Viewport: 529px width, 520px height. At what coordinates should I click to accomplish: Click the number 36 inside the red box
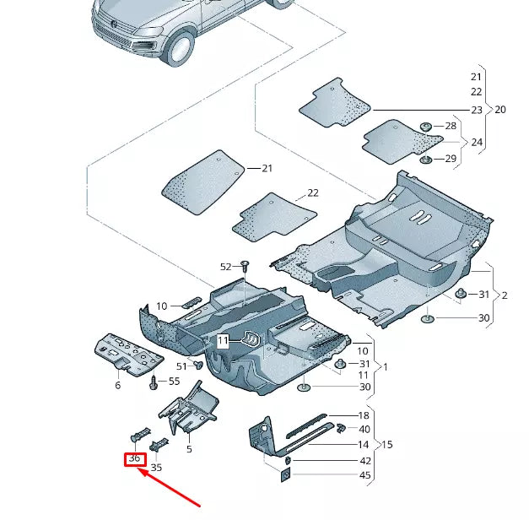pyautogui.click(x=134, y=459)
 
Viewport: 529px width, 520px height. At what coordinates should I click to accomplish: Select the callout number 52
pyautogui.click(x=225, y=267)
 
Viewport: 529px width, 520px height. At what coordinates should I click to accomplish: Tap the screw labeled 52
pyautogui.click(x=244, y=266)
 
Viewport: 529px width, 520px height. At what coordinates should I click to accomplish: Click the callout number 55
pyautogui.click(x=175, y=382)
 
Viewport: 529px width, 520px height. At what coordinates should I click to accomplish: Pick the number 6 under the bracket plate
pyautogui.click(x=117, y=385)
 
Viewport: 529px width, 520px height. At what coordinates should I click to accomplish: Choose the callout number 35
pyautogui.click(x=156, y=466)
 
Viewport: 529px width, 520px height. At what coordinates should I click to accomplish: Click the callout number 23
pyautogui.click(x=477, y=111)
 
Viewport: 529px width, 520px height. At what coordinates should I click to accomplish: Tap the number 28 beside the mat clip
pyautogui.click(x=451, y=126)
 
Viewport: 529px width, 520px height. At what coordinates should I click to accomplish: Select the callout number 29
pyautogui.click(x=451, y=159)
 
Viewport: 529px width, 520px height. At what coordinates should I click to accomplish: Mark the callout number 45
pyautogui.click(x=364, y=476)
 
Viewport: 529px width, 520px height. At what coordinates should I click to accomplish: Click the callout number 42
pyautogui.click(x=364, y=461)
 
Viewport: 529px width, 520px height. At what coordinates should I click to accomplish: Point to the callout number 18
pyautogui.click(x=364, y=415)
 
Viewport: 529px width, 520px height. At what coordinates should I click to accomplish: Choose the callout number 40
pyautogui.click(x=364, y=430)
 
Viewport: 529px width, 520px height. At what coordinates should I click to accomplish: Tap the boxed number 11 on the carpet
pyautogui.click(x=223, y=341)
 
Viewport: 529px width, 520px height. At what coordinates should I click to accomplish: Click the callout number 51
pyautogui.click(x=181, y=366)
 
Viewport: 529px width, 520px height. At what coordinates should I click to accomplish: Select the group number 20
pyautogui.click(x=500, y=111)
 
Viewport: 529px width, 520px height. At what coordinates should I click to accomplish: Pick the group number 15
pyautogui.click(x=387, y=444)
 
